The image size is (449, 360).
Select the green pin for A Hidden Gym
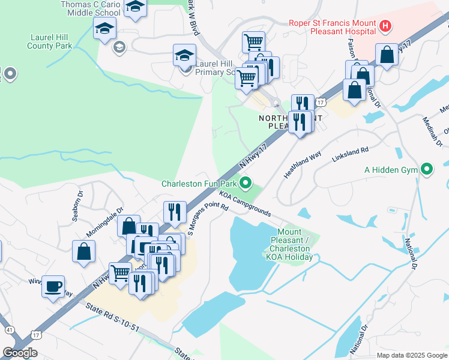pyautogui.click(x=427, y=170)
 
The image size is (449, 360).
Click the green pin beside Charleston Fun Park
pyautogui.click(x=245, y=183)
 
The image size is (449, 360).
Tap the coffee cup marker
pyautogui.click(x=53, y=286)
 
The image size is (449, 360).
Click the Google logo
pyautogui.click(x=20, y=353)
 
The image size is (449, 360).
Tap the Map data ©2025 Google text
pyautogui.click(x=411, y=355)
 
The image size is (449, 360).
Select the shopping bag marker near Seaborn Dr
pyautogui.click(x=83, y=251)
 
